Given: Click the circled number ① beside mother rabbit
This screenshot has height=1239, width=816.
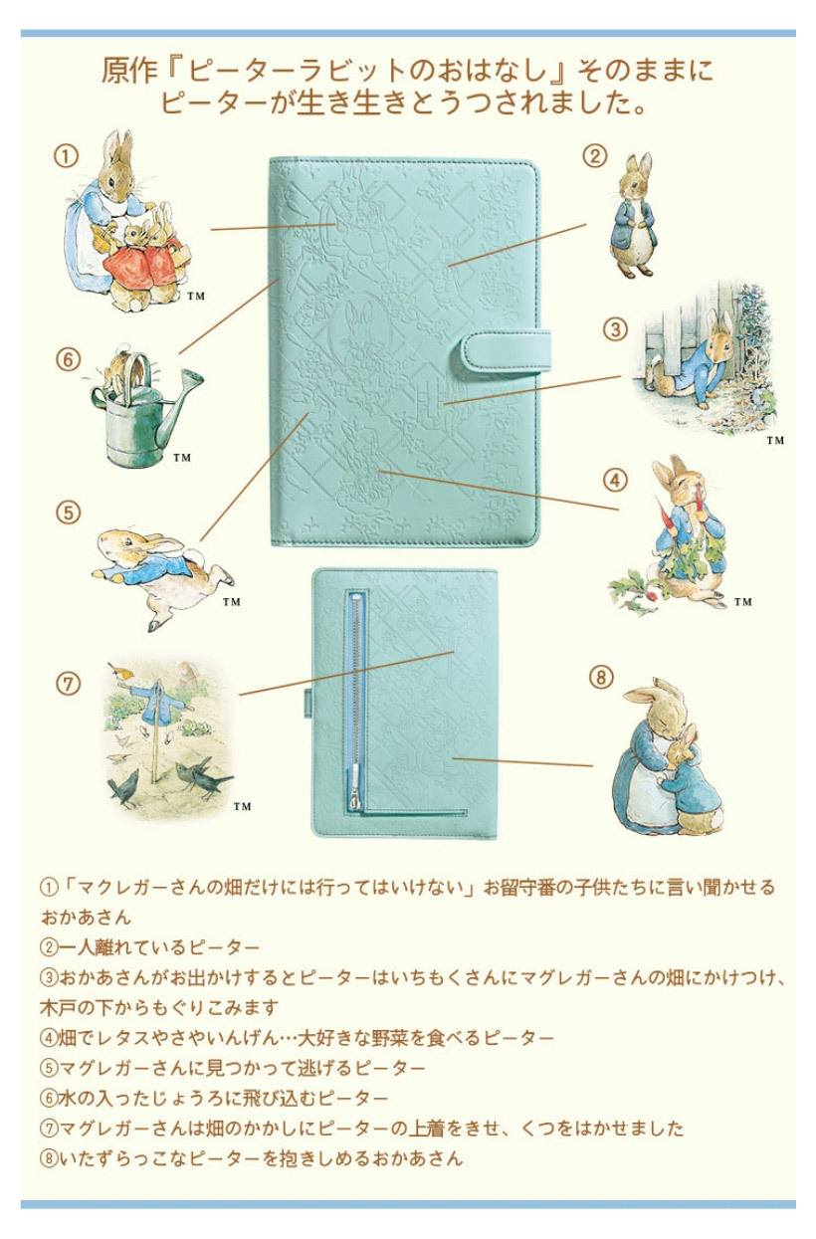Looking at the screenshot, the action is (66, 156).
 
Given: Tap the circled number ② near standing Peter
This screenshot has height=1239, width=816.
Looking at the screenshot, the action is (595, 156).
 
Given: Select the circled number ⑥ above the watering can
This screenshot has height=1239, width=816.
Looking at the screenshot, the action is (68, 359).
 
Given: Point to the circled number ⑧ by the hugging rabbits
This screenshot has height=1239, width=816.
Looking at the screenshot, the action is (602, 677).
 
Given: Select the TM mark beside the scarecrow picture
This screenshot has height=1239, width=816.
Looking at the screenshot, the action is (242, 806).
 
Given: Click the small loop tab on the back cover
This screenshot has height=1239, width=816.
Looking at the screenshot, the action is (308, 703).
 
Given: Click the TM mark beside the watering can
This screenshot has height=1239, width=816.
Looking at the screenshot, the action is (182, 458).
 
